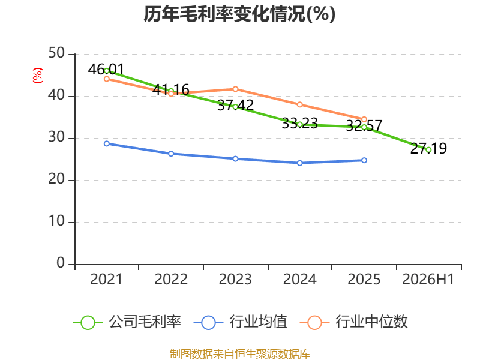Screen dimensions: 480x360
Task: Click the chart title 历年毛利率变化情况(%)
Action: tap(239, 14)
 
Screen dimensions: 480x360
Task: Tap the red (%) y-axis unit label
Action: tap(38, 76)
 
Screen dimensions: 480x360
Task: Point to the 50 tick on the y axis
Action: tap(56, 53)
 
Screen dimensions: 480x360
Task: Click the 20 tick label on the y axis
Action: tap(56, 179)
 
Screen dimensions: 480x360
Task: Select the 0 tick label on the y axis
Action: tap(61, 263)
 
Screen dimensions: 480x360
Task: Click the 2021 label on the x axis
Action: tap(106, 279)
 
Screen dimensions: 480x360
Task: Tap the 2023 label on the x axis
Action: tap(235, 279)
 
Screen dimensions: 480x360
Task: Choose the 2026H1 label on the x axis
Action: tap(428, 279)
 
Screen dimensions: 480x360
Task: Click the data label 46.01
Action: tap(106, 69)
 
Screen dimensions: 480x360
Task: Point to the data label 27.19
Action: tap(428, 148)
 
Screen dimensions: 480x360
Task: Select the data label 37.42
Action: tap(235, 106)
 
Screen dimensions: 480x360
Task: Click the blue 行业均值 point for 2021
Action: tap(107, 143)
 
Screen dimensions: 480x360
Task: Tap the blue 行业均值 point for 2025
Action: tap(364, 160)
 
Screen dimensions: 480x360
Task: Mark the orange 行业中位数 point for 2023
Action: tap(235, 89)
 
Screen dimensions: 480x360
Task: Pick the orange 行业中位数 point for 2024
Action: tap(299, 104)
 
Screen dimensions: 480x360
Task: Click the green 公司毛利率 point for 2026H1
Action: tap(428, 149)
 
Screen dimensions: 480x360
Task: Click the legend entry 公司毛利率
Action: tap(127, 322)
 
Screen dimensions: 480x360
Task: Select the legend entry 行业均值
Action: tap(241, 322)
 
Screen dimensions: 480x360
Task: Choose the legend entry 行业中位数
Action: tap(353, 322)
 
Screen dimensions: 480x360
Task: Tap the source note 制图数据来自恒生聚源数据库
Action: tap(240, 354)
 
